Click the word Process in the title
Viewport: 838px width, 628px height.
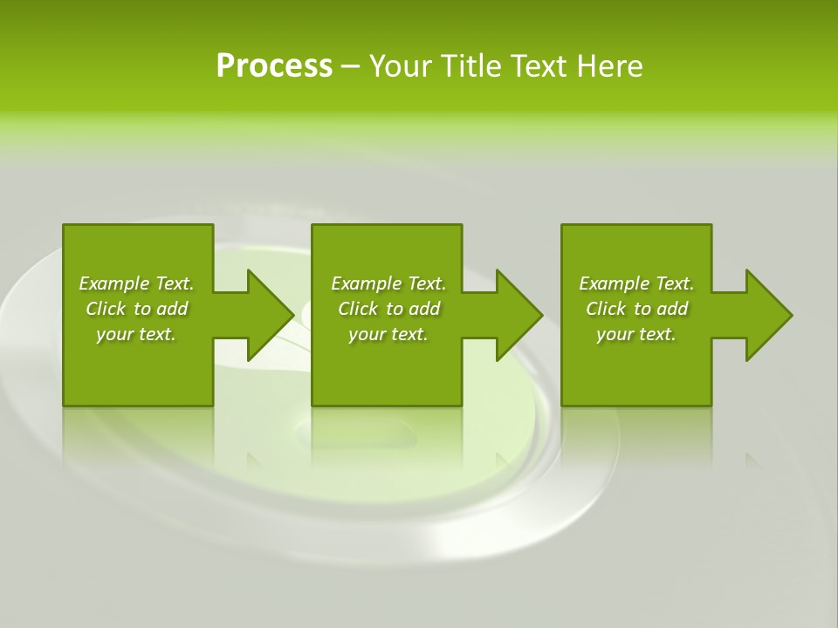click(x=274, y=66)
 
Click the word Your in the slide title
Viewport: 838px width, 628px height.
click(x=401, y=66)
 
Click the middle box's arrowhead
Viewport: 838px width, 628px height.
click(x=519, y=315)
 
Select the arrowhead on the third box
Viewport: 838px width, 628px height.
click(x=768, y=315)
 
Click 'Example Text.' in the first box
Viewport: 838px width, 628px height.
click(x=136, y=283)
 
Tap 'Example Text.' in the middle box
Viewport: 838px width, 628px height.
click(x=388, y=283)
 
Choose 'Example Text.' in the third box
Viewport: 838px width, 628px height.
click(x=636, y=283)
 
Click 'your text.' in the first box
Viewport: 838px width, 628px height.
click(x=136, y=334)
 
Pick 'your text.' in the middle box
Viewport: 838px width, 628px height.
click(x=388, y=334)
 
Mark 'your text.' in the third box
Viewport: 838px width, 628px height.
click(x=636, y=334)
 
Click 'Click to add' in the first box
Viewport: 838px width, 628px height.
click(x=136, y=309)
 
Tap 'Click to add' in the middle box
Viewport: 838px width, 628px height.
click(x=388, y=309)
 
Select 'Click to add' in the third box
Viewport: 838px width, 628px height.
click(x=636, y=309)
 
